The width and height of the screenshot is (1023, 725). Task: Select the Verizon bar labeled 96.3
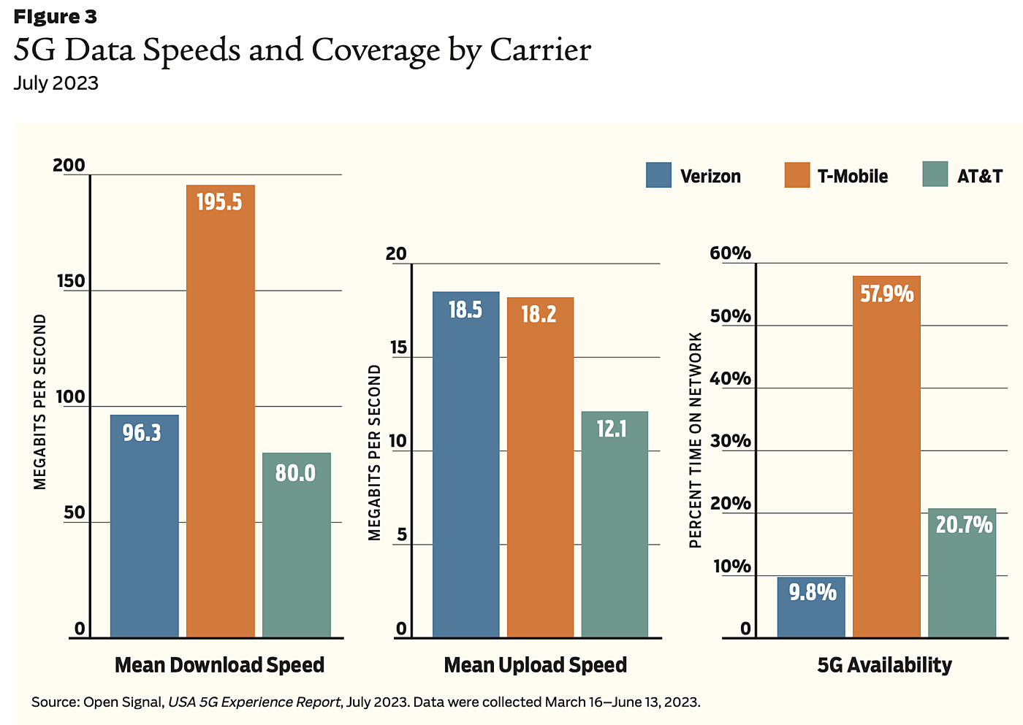click(144, 526)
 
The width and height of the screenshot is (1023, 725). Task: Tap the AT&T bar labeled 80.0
click(296, 545)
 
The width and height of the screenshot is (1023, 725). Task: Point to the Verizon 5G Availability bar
click(810, 607)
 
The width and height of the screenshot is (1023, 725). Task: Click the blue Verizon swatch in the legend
click(658, 175)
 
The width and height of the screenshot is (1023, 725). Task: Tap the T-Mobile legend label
click(852, 176)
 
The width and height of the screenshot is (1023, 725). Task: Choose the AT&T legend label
click(979, 176)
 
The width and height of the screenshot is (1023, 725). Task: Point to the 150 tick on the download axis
click(71, 281)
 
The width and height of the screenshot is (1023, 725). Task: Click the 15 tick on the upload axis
click(398, 348)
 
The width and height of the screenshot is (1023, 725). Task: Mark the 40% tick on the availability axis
click(730, 378)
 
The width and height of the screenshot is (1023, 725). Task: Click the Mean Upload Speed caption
click(535, 665)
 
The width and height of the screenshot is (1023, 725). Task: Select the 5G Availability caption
click(884, 665)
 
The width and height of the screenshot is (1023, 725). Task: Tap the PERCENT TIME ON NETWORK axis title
click(696, 440)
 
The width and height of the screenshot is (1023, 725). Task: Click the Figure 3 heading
click(55, 16)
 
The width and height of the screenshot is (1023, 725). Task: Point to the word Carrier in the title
click(540, 50)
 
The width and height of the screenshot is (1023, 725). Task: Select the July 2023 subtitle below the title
click(56, 83)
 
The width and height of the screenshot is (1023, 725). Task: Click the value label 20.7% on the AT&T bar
click(964, 525)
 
